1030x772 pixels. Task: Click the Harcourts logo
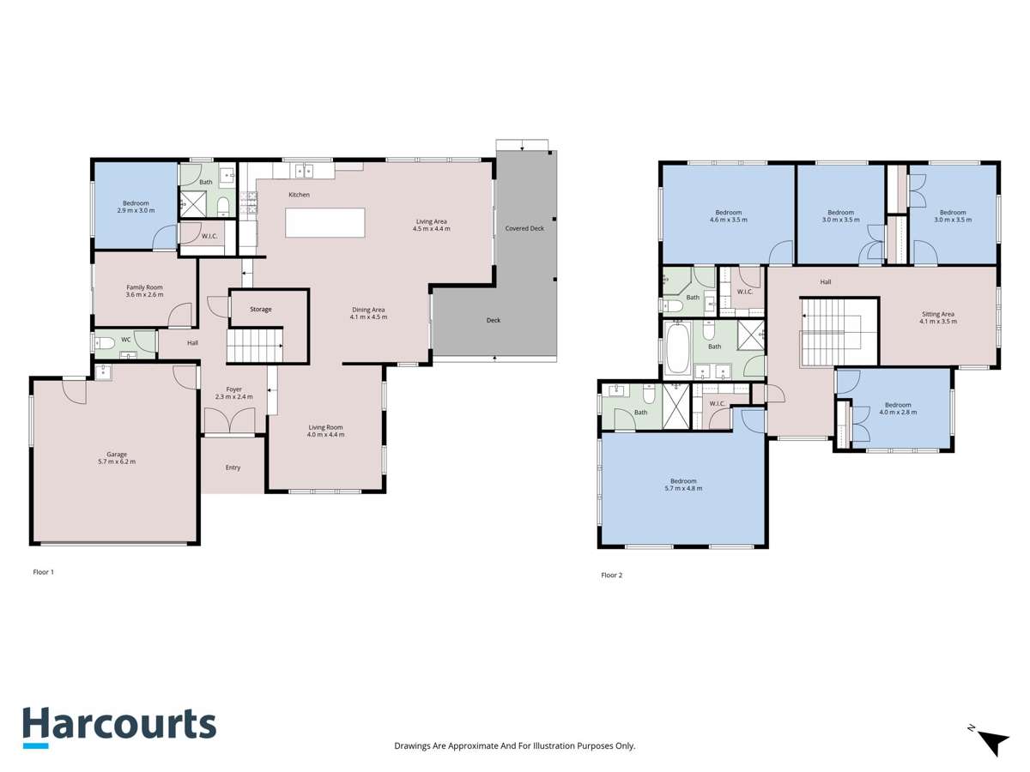click(x=118, y=727)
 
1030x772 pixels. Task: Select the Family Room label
click(x=144, y=287)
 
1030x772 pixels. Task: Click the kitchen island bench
click(x=325, y=222)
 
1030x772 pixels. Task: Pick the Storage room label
click(x=261, y=309)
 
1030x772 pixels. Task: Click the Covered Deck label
click(x=524, y=228)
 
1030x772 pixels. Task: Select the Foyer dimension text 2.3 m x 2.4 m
click(x=233, y=398)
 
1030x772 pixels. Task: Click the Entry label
click(x=233, y=467)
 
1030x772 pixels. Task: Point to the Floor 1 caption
click(x=43, y=571)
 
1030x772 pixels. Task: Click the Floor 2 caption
click(x=611, y=575)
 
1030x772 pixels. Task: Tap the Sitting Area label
click(x=937, y=314)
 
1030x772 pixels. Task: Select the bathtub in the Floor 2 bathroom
click(x=677, y=347)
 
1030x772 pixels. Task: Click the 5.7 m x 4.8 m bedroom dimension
click(x=683, y=489)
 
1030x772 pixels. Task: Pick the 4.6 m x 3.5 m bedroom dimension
click(x=728, y=220)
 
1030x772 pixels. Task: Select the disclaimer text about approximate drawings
click(x=514, y=746)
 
